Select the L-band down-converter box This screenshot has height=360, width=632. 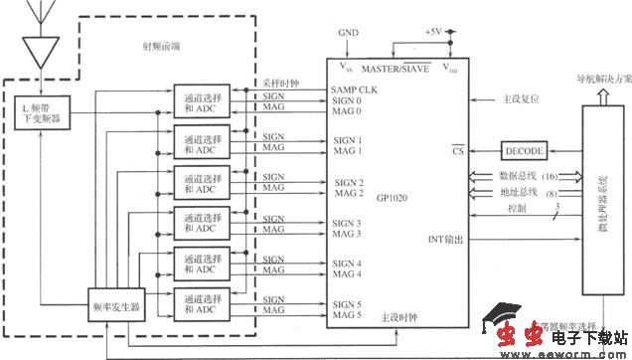pyautogui.click(x=41, y=111)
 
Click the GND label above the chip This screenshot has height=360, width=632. pyautogui.click(x=348, y=32)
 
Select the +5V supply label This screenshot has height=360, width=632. pyautogui.click(x=432, y=32)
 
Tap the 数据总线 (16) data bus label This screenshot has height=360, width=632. pyautogui.click(x=528, y=176)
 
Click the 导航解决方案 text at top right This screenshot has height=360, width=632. pyautogui.click(x=593, y=78)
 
